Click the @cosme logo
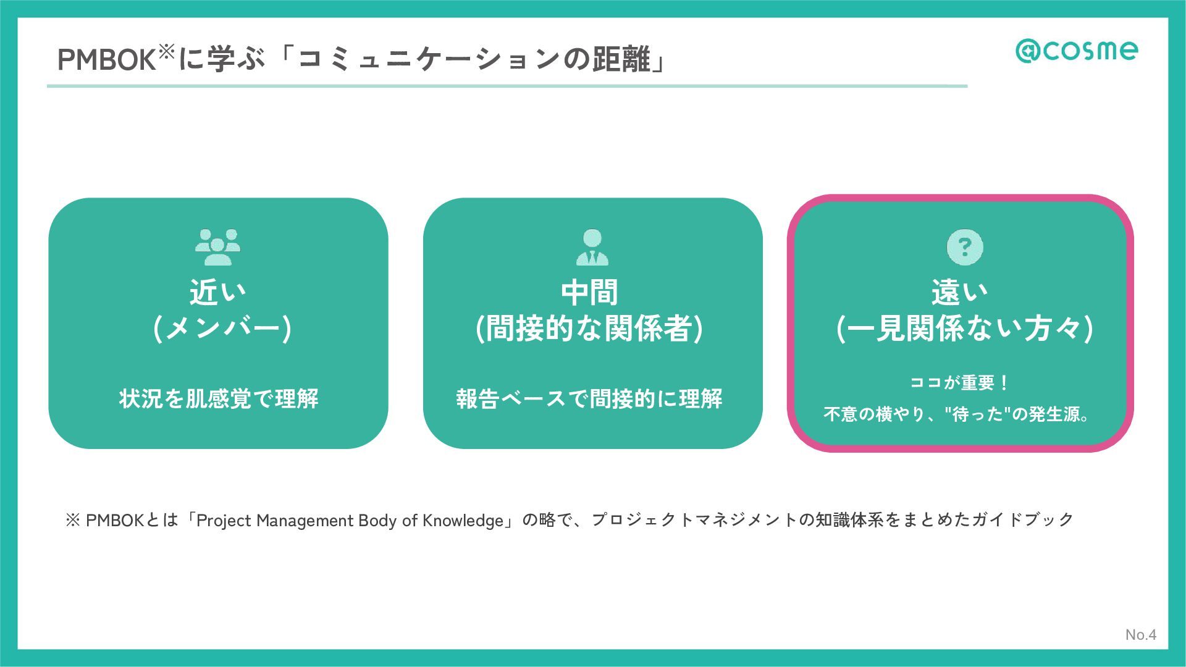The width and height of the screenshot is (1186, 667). click(1076, 51)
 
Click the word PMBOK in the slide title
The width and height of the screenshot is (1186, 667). click(106, 61)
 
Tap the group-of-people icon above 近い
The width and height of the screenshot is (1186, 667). click(217, 247)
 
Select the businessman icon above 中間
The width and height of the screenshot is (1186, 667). click(592, 247)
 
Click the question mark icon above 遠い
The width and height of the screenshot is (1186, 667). click(965, 247)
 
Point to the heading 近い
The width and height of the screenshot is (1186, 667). click(217, 292)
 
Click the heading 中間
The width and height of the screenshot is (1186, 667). click(589, 292)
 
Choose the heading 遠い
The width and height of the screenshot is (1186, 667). click(959, 292)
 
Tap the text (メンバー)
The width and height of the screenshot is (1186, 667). click(222, 328)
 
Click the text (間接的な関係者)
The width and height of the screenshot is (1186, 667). click(589, 328)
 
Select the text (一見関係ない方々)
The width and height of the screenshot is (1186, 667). click(964, 328)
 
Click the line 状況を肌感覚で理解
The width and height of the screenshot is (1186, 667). click(219, 399)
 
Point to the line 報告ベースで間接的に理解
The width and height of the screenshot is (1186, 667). click(589, 399)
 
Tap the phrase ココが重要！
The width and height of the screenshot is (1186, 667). click(959, 383)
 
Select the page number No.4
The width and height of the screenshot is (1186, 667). click(1140, 634)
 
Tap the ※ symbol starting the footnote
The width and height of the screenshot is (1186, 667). click(72, 521)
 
